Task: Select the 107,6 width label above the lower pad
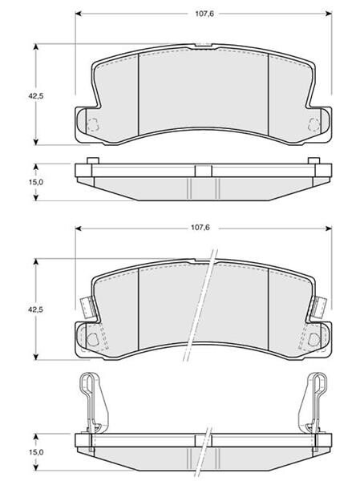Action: point(200,228)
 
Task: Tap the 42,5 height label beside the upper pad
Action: point(36,96)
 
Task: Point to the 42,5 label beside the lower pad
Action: point(35,309)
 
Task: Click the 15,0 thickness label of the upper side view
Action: point(36,182)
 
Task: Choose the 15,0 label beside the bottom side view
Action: point(36,452)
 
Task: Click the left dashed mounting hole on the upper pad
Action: point(93,124)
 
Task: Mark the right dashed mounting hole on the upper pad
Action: point(314,124)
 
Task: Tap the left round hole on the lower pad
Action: point(92,339)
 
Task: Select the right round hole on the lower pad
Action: point(314,339)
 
